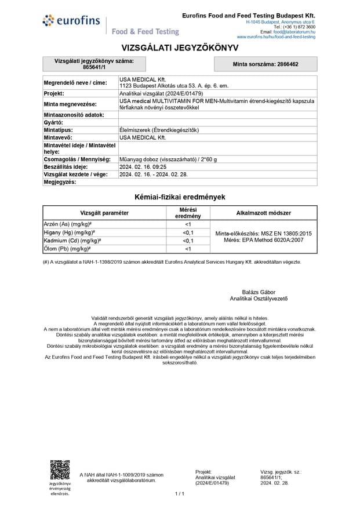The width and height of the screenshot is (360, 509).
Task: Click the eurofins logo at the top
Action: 71,21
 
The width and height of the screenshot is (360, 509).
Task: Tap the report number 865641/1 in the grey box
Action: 94,68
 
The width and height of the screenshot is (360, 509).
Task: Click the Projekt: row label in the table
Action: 54,93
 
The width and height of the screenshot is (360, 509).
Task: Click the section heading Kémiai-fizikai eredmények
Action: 180,197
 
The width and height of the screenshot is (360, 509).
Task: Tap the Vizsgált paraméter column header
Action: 104,213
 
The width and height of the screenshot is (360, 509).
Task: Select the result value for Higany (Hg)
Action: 188,232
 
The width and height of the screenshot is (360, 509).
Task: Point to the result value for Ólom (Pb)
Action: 188,249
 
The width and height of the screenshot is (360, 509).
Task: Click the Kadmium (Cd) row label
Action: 72,241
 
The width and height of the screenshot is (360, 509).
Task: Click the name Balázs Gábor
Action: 259,292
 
